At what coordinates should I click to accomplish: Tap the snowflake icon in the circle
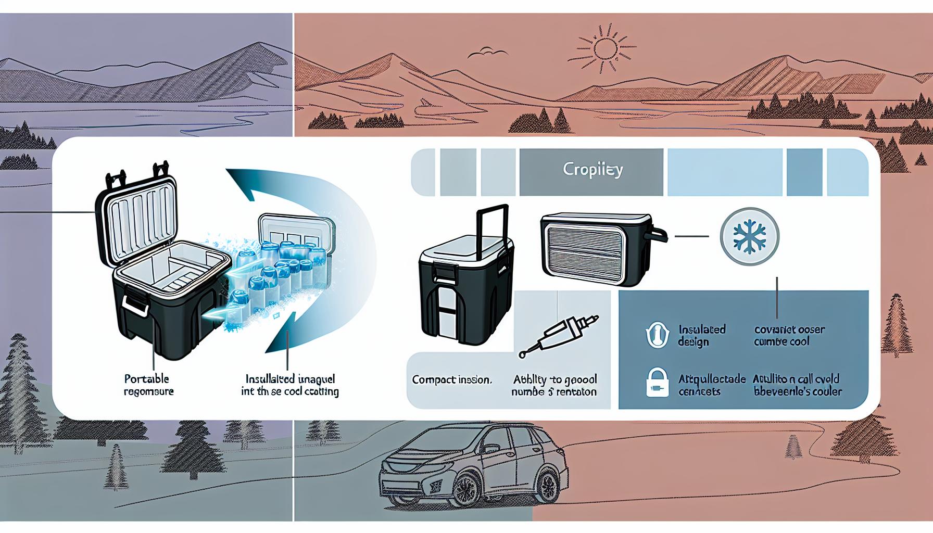tap(749, 236)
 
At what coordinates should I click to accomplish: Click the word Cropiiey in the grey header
tap(592, 170)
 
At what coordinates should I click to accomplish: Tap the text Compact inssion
tap(451, 380)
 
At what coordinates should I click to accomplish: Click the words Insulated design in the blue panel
tap(701, 336)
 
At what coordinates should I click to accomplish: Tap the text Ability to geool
tap(554, 379)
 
